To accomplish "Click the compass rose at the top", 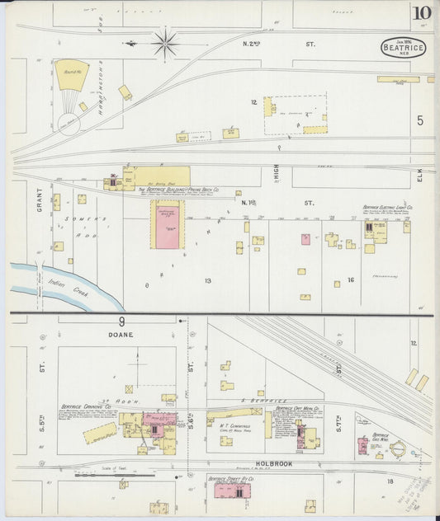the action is point(165,43).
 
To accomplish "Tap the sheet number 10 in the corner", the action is point(422,13).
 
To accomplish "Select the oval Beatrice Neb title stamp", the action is point(404,47).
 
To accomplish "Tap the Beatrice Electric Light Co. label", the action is point(386,208).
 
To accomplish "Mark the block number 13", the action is point(208,281).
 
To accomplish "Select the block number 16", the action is point(350,280).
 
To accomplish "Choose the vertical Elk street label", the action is point(419,176).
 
